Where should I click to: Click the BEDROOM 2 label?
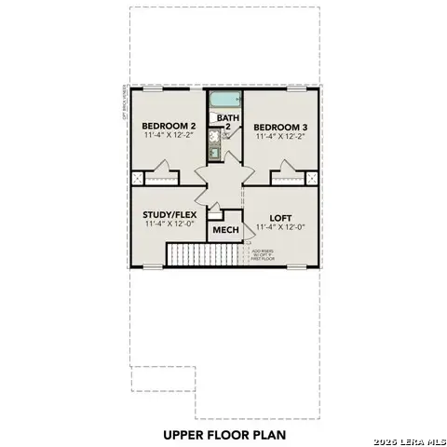tap(168, 126)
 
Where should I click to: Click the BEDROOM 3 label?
tap(280, 126)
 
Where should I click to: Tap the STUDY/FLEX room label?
tap(170, 213)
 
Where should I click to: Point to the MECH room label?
tap(225, 230)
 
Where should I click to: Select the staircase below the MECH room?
tap(206, 252)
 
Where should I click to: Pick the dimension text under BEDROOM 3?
tap(280, 137)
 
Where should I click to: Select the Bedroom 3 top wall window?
tap(295, 89)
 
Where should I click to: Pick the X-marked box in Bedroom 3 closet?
tap(310, 179)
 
